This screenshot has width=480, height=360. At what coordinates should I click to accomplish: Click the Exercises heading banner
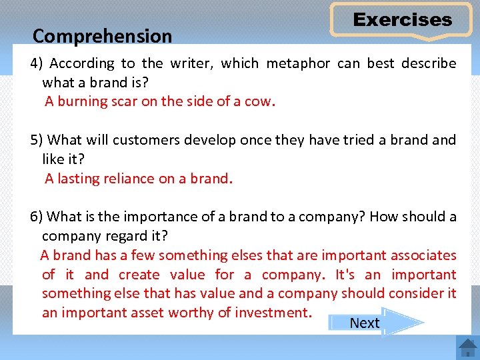(x=402, y=20)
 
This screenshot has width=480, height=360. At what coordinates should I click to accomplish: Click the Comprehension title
(x=102, y=35)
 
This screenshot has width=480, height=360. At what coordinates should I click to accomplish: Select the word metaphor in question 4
(x=298, y=64)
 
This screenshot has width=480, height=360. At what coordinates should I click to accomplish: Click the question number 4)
(x=37, y=64)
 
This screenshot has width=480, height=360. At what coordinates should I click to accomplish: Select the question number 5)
(x=37, y=140)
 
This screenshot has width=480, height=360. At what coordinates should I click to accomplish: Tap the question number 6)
(x=37, y=217)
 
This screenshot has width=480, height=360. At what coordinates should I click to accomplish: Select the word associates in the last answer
(x=423, y=255)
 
